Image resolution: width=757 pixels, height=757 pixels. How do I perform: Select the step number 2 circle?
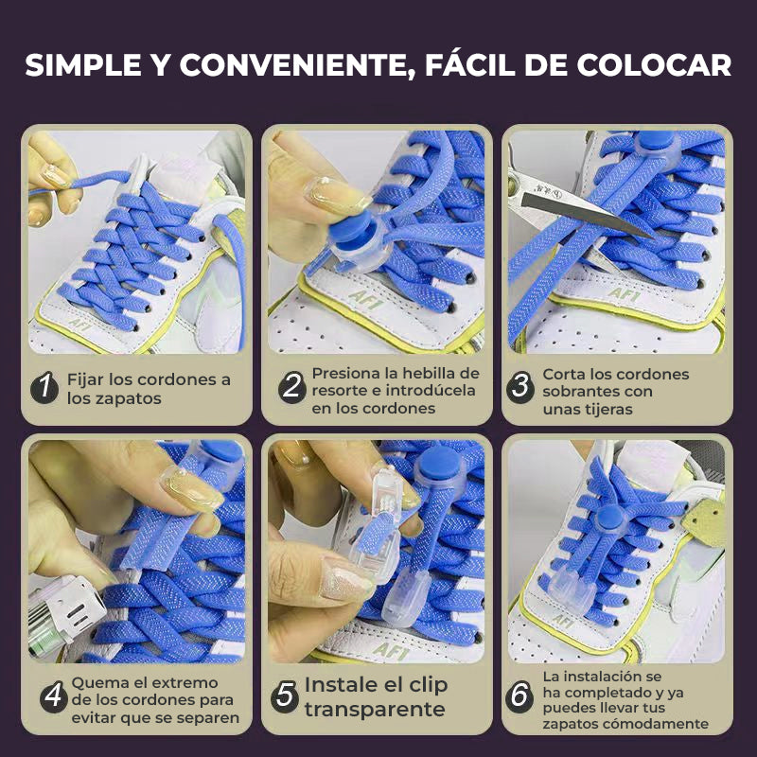coord(292,387)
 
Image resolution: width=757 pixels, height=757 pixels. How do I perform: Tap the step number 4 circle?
coord(53,697)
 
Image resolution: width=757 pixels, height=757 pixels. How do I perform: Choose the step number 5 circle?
coord(285,697)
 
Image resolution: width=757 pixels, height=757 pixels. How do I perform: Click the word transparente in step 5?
coord(375,710)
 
